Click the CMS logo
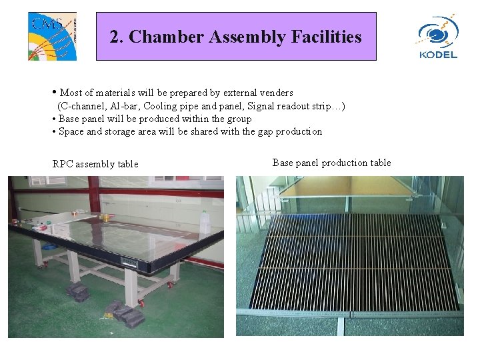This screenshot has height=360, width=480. point(52,36)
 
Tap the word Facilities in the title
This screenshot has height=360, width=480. point(326,37)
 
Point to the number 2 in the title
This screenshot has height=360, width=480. point(115,37)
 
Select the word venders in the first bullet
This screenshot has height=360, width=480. point(275,93)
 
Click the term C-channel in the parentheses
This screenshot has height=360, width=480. point(83,106)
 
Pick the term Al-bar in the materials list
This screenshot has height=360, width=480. point(125,106)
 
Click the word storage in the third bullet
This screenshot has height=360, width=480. point(121,131)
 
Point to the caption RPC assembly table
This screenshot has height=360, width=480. point(95,164)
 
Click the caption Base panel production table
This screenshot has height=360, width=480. point(331,163)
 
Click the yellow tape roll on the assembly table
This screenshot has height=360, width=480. point(107,217)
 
